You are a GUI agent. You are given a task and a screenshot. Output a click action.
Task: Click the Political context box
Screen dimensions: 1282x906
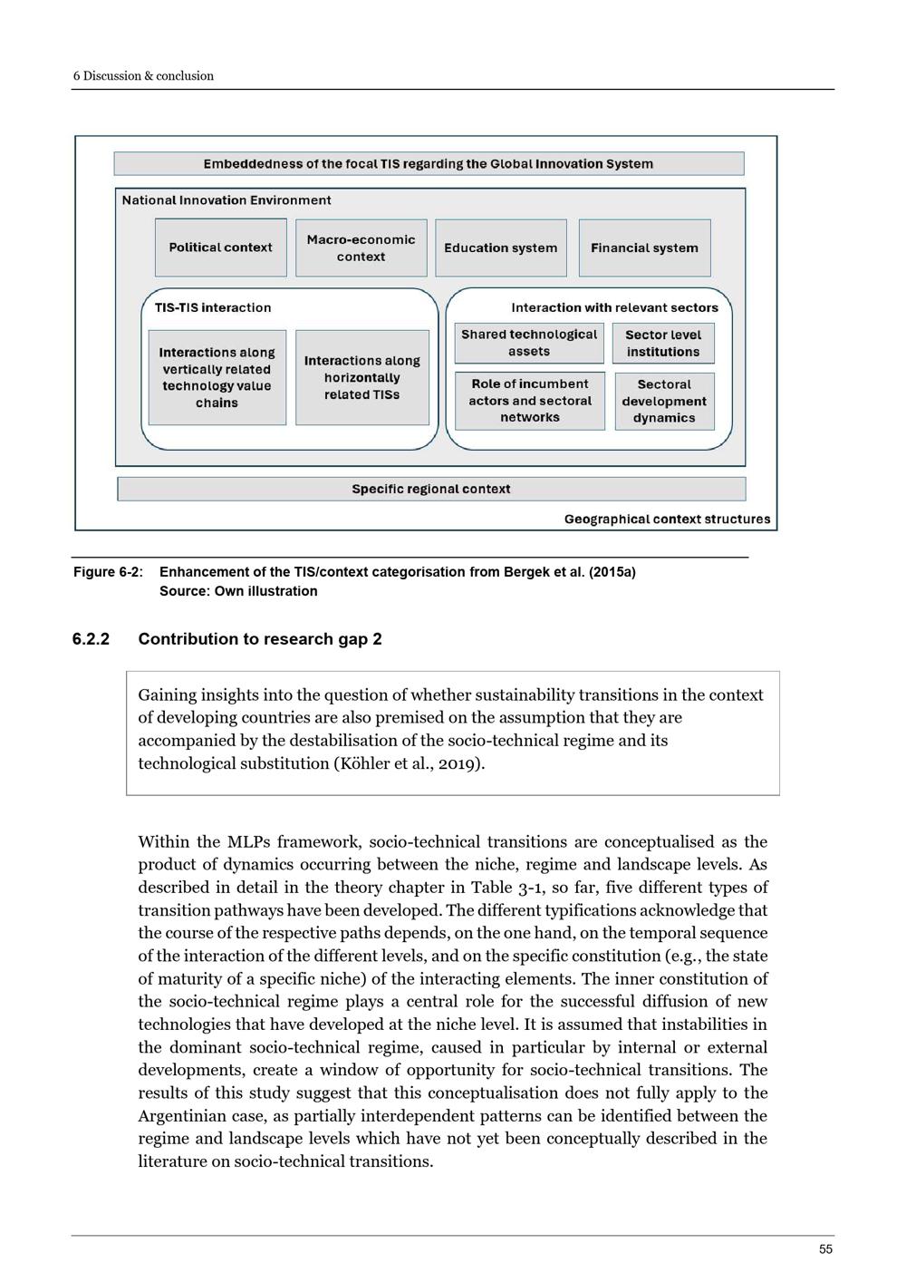[220, 248]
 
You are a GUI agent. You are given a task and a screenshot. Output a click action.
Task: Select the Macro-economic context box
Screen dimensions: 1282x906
[361, 248]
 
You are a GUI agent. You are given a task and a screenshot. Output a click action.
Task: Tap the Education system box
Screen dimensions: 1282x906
[500, 248]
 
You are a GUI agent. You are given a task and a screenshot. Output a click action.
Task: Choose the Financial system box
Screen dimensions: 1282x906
[644, 248]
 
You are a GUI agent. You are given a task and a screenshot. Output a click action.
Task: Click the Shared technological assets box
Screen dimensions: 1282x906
[529, 343]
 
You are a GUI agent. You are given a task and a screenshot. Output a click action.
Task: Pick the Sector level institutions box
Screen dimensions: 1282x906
[663, 344]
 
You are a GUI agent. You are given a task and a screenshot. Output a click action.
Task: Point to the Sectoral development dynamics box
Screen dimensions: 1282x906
[664, 401]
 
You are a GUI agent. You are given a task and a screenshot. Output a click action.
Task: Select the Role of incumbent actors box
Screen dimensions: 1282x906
[530, 401]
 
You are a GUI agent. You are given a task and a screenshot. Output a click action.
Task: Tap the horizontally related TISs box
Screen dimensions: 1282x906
[361, 377]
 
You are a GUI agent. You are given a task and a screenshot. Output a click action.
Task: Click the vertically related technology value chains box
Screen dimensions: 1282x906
[217, 377]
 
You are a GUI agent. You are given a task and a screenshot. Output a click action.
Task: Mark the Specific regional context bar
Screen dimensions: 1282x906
[431, 489]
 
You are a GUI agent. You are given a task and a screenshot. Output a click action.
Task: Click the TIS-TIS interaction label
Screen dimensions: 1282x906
[213, 307]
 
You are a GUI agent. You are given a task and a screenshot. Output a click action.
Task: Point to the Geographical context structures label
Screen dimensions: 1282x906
[667, 519]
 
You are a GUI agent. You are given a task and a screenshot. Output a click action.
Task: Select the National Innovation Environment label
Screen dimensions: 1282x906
[226, 200]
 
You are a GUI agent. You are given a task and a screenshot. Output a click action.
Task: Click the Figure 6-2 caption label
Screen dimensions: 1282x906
[108, 572]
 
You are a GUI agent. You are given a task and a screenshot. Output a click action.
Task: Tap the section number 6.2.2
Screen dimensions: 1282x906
[91, 639]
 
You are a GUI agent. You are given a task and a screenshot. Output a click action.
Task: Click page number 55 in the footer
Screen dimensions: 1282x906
[825, 1249]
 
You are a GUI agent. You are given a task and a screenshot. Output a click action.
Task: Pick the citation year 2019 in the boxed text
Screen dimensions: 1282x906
[461, 763]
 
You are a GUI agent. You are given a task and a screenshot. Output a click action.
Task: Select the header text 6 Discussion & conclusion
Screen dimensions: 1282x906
[143, 76]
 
